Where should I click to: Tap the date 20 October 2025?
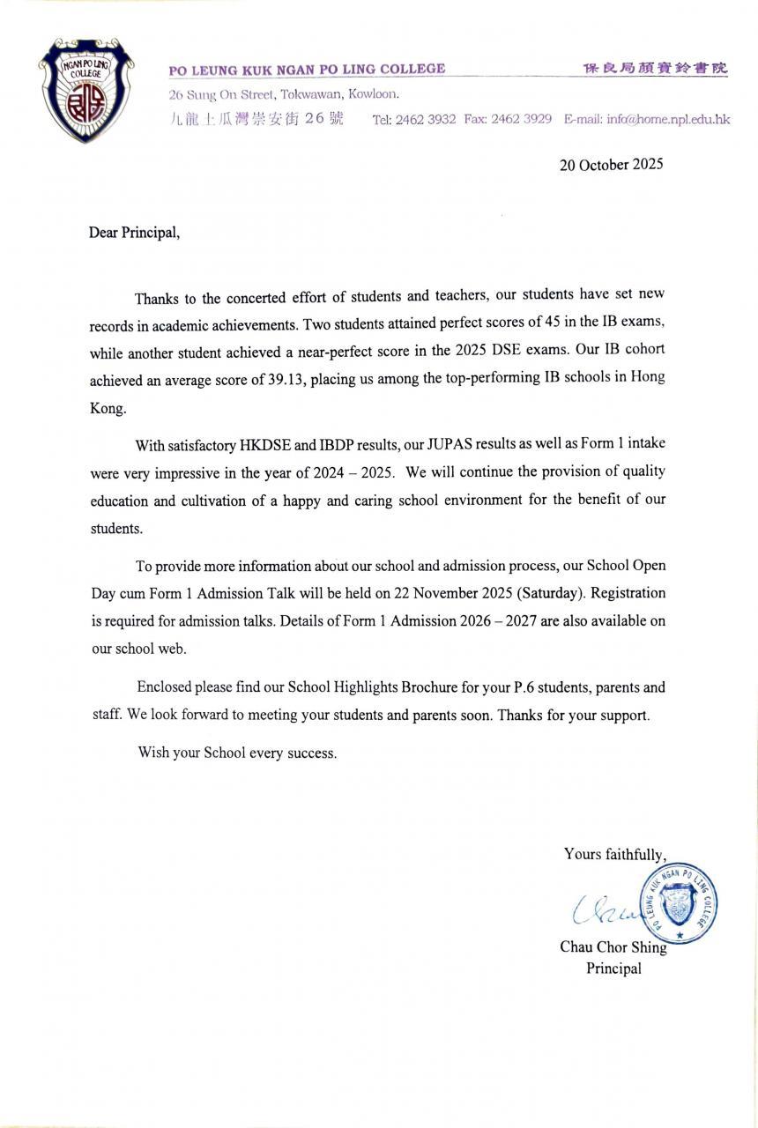(x=611, y=164)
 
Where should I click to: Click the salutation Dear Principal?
(x=134, y=234)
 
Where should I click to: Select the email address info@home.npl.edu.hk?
(x=668, y=119)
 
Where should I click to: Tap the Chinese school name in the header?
(x=656, y=69)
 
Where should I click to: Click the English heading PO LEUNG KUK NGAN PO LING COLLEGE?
(x=307, y=69)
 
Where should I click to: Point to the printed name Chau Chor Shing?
(x=613, y=947)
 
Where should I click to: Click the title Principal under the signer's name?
(x=613, y=968)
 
